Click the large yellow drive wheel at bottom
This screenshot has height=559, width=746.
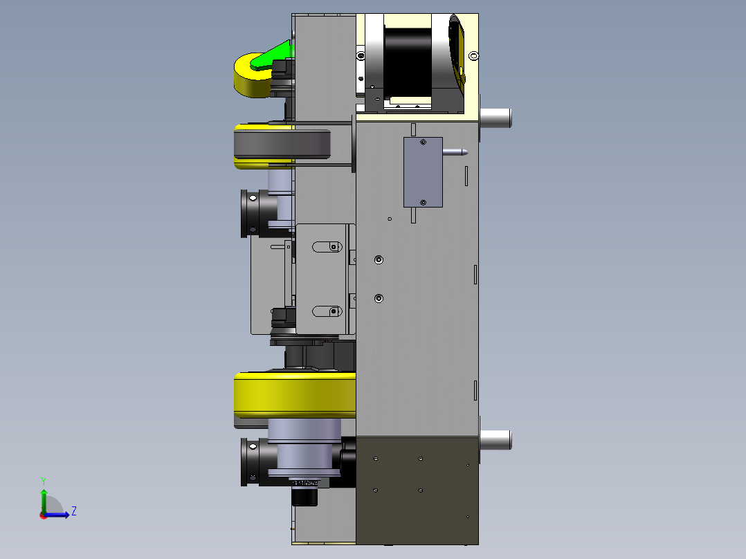[x=294, y=394]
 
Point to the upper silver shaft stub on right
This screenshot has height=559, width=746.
[x=495, y=118]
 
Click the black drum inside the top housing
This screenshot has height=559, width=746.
[x=408, y=59]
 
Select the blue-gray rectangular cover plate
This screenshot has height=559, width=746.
[x=423, y=172]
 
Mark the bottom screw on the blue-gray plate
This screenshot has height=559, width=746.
[x=423, y=202]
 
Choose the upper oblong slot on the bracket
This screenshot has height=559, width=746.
[x=327, y=246]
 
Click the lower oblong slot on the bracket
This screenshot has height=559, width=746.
[x=327, y=311]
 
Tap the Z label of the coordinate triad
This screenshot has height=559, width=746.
[x=73, y=511]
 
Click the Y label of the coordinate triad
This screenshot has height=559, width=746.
[x=44, y=479]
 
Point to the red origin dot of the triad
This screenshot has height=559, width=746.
[x=43, y=515]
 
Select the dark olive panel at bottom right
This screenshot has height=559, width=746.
[x=417, y=488]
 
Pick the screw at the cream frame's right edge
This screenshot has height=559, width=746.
[x=473, y=55]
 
